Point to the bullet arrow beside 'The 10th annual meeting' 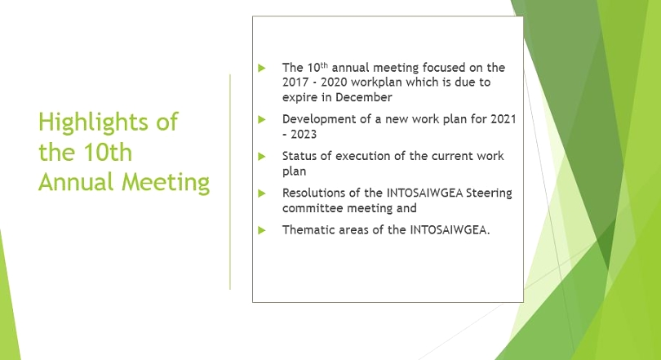[262, 68]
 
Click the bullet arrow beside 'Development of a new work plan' [262, 119]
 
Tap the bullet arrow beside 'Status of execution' [262, 157]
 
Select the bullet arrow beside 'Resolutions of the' [262, 193]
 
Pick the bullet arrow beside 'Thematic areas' [262, 230]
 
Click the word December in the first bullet [364, 97]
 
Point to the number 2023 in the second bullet [304, 135]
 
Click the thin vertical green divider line [230, 182]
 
